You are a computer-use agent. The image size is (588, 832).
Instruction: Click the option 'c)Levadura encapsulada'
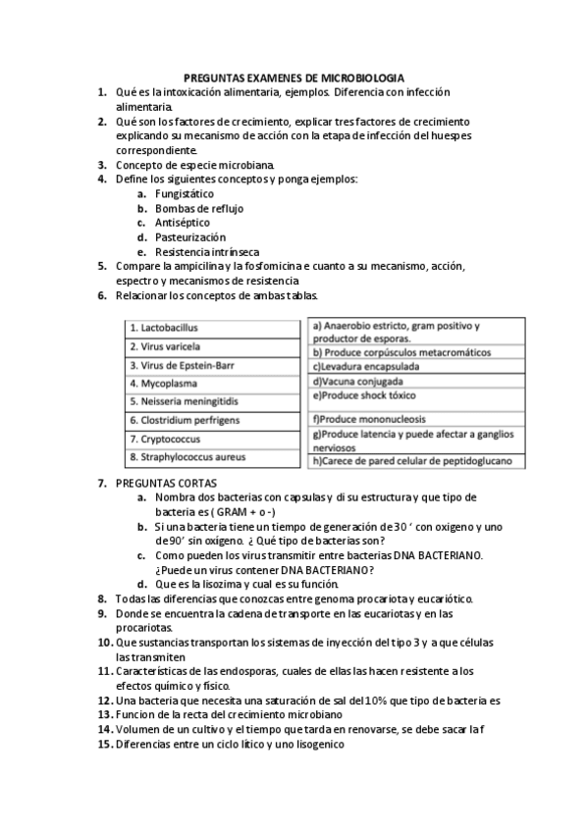[x=365, y=366]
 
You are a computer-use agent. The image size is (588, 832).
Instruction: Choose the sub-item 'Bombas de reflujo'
[x=199, y=208]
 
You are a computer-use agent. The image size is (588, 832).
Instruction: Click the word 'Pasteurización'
[x=190, y=236]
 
